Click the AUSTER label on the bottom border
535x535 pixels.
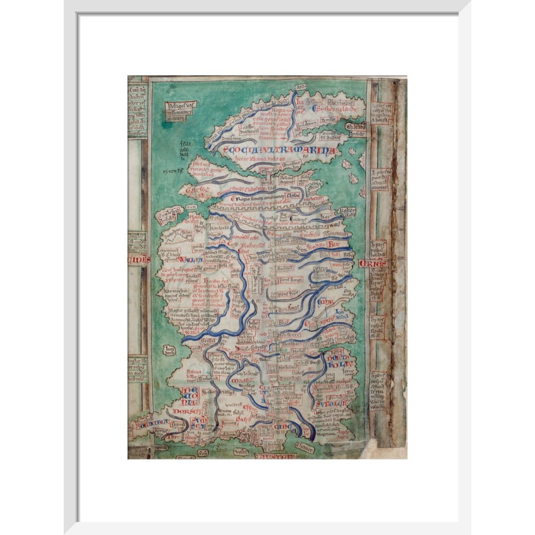pyautogui.click(x=275, y=456)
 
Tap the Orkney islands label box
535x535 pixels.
pyautogui.click(x=356, y=127)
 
